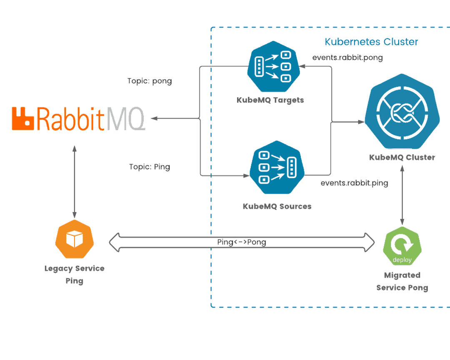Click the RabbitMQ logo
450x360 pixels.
(78, 118)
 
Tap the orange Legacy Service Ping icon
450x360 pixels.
(74, 239)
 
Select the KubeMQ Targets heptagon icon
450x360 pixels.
(274, 66)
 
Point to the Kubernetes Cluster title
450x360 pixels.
(371, 42)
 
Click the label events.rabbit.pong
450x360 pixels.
(347, 58)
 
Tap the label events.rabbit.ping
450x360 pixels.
(354, 183)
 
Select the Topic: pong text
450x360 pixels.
(150, 81)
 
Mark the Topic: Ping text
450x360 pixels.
(150, 167)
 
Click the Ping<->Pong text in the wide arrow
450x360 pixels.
(242, 242)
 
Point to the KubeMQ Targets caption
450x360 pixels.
(270, 100)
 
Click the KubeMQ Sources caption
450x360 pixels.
(277, 206)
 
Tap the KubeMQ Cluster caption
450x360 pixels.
(402, 157)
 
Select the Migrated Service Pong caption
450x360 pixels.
(402, 281)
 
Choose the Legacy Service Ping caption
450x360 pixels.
(74, 275)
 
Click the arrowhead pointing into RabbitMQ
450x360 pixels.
(154, 118)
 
